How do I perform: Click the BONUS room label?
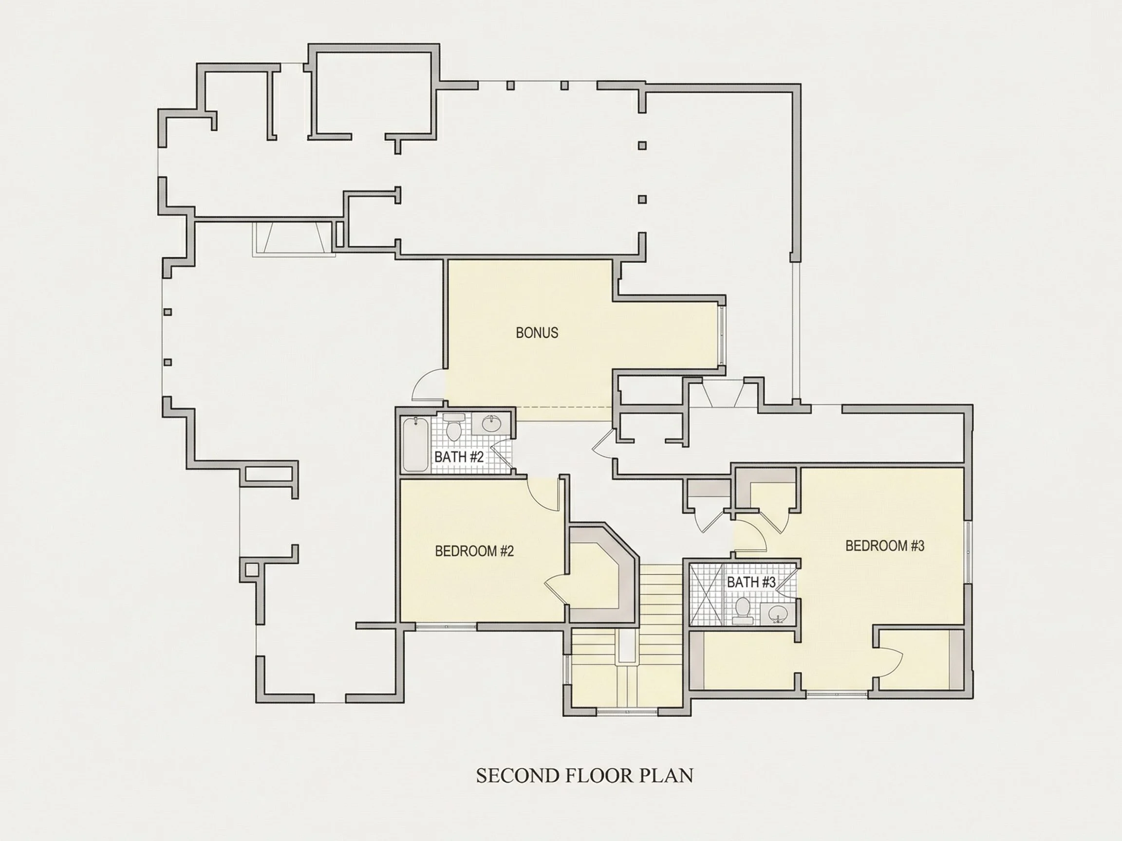(537, 332)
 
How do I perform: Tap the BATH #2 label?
(459, 457)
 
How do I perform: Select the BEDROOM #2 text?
(474, 551)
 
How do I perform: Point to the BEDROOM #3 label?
(885, 546)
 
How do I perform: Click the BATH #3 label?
(751, 582)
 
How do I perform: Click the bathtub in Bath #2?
(415, 444)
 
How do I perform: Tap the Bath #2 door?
(502, 453)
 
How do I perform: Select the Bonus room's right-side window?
(721, 335)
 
